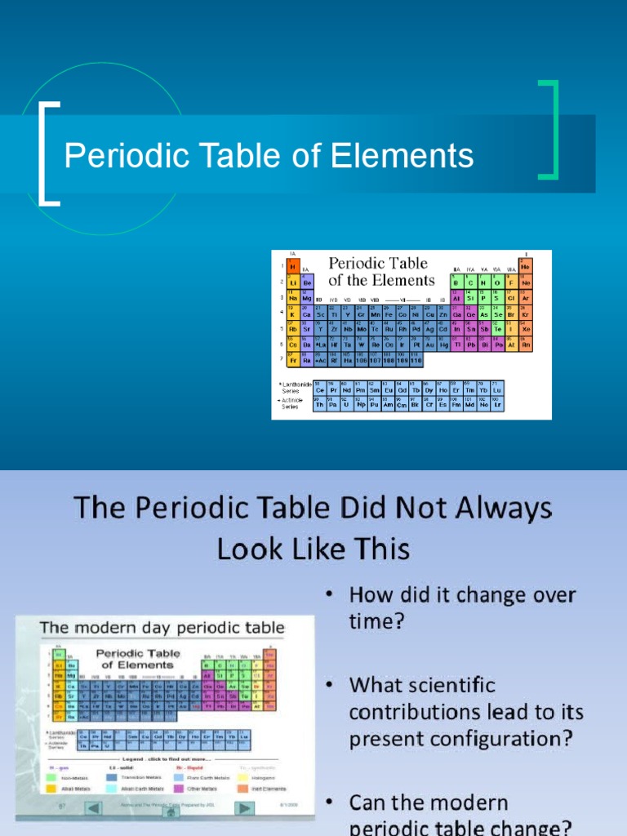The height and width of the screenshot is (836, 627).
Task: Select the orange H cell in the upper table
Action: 293,266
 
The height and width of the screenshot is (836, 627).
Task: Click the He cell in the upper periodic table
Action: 525,267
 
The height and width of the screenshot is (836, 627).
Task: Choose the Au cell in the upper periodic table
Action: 430,344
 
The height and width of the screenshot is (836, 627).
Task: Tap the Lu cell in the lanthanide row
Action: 497,389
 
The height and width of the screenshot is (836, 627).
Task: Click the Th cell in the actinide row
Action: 320,404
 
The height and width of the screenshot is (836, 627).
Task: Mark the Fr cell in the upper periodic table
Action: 293,359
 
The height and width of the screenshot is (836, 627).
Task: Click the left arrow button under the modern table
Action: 96,808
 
